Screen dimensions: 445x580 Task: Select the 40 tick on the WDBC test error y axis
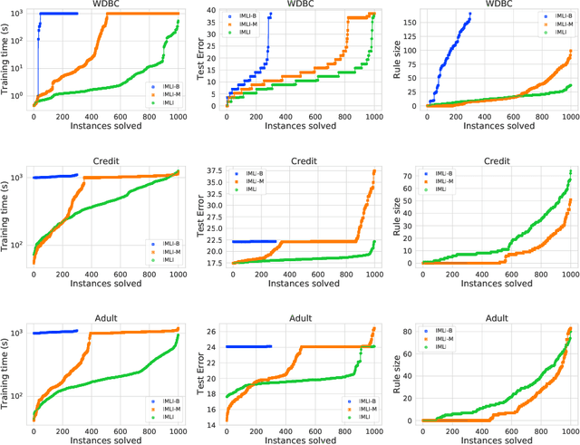click(x=219, y=10)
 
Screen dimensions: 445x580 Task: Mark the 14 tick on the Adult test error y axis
click(x=219, y=424)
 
